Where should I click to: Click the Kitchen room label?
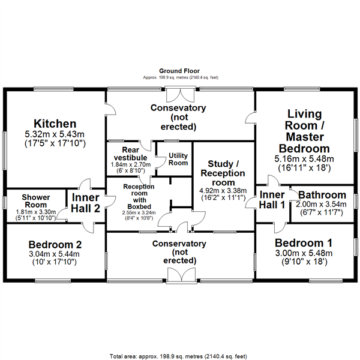tap(55, 124)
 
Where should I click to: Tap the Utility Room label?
tap(178, 159)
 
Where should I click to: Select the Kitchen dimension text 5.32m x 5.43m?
tap(55, 134)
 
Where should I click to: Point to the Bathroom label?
tap(322, 195)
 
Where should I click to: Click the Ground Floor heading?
tap(179, 71)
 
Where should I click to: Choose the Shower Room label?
tap(36, 201)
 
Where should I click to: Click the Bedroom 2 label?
tap(55, 245)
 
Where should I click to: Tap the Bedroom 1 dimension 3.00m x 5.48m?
tap(304, 253)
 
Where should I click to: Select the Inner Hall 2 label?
tap(85, 203)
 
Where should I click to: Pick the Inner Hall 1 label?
tap(272, 200)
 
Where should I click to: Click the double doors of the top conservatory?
tap(181, 94)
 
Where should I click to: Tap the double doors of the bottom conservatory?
tap(181, 275)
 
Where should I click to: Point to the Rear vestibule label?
tap(130, 154)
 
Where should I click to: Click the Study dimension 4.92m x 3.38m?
tap(223, 191)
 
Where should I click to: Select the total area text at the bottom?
tap(178, 356)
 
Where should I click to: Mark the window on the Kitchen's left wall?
tap(5, 151)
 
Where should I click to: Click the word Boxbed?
tap(139, 206)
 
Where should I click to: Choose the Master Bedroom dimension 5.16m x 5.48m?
tap(304, 158)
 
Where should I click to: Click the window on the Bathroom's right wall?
tap(356, 202)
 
